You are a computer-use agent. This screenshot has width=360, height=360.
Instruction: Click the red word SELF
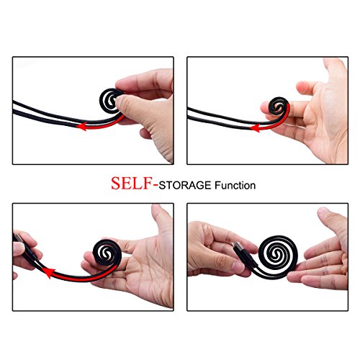131,183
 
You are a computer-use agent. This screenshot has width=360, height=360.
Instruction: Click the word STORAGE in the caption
185,186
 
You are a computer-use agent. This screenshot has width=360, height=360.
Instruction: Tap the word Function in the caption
235,186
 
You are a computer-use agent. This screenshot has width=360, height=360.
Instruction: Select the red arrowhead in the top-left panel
82,126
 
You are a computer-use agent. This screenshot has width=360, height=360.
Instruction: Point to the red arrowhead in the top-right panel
255,127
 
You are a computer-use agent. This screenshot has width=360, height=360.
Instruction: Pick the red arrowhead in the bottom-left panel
48,272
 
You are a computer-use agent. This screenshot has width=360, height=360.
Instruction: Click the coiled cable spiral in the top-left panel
111,99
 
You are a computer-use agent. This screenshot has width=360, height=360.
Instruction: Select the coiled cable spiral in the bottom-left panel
107,252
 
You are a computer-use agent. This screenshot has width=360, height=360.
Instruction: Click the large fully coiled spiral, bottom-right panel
279,255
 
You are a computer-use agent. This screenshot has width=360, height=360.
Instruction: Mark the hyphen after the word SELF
155,185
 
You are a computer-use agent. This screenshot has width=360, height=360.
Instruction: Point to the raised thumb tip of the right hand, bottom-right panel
324,212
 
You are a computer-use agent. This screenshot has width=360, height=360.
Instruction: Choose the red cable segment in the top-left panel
106,125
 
